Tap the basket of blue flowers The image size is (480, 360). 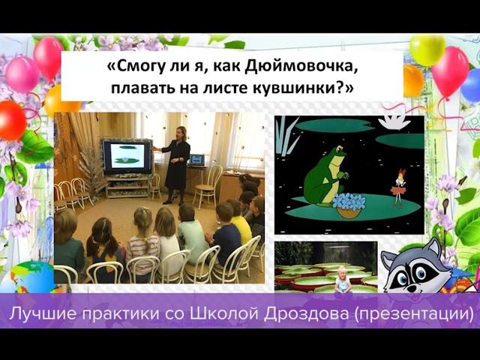[x=349, y=204]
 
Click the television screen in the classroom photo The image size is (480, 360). [x=127, y=155]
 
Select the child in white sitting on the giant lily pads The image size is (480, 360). [x=343, y=279]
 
